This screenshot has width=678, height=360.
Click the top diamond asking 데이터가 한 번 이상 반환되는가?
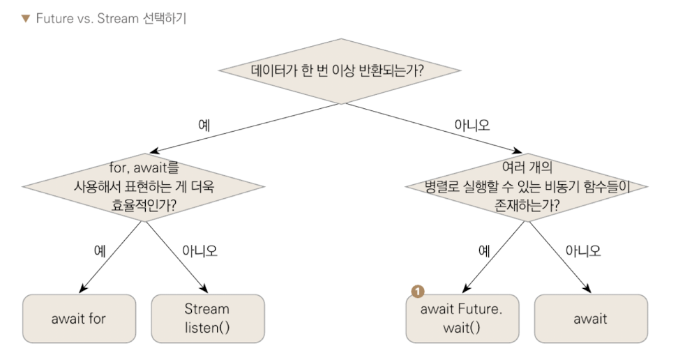(x=340, y=70)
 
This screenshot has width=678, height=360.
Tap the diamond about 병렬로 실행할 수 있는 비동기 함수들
(x=527, y=186)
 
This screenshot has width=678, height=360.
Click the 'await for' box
(x=79, y=319)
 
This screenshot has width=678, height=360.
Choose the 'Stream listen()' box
(x=207, y=318)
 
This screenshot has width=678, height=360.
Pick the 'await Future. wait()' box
(x=461, y=318)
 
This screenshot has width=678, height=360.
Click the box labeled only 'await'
(x=590, y=319)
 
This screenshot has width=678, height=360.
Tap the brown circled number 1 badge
(x=418, y=291)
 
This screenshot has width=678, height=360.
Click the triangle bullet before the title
(x=25, y=18)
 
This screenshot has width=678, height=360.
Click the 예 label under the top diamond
(x=204, y=126)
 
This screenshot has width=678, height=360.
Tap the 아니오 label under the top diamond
(x=472, y=126)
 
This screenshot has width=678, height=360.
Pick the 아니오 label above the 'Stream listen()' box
(x=199, y=250)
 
